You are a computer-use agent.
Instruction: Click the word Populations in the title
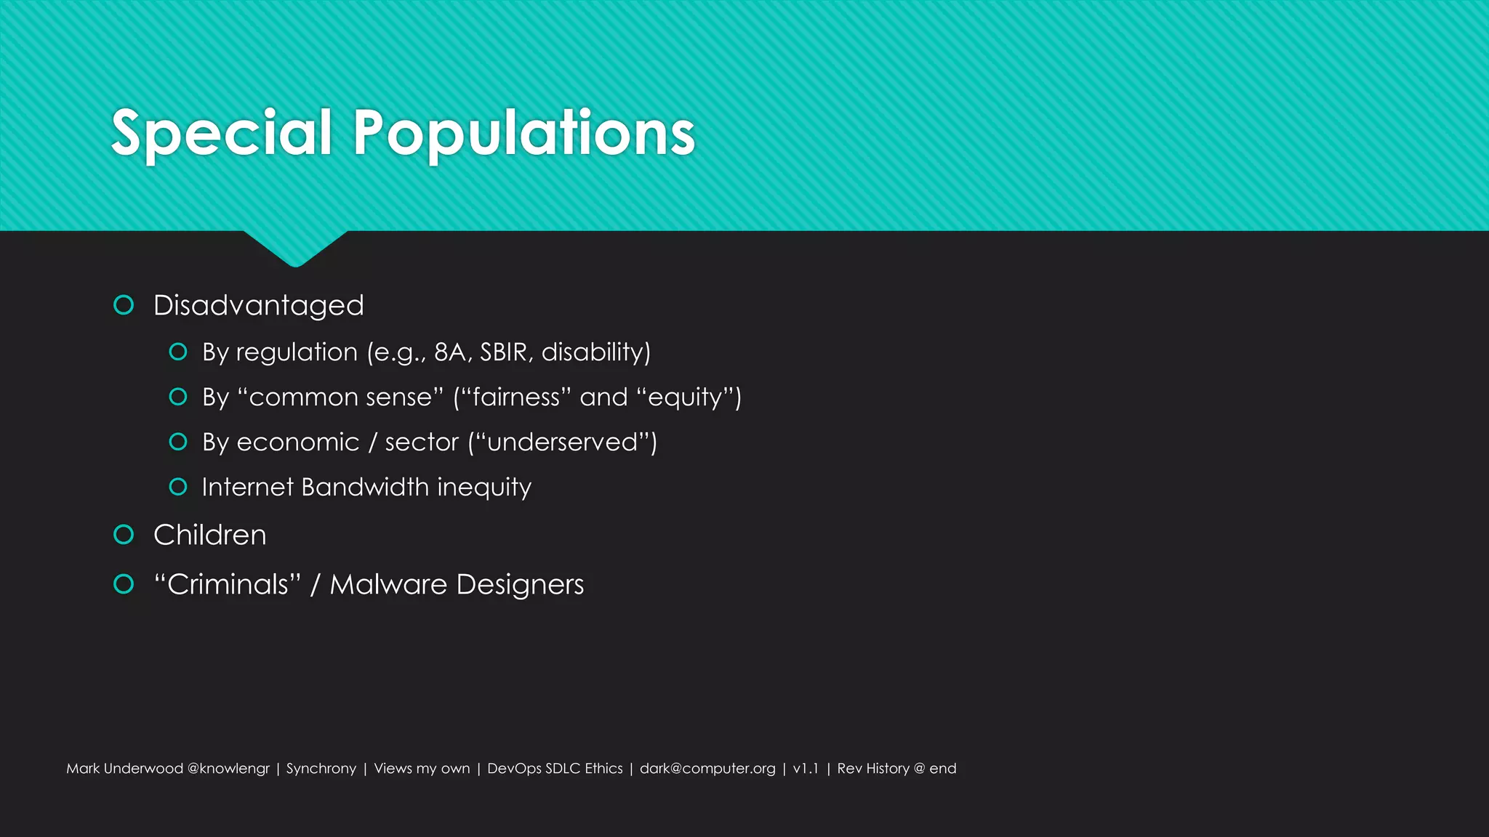(523, 133)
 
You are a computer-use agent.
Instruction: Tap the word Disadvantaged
(258, 306)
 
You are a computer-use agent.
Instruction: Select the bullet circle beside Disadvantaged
(124, 305)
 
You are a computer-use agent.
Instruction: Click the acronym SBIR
(503, 352)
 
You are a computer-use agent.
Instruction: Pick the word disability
(593, 352)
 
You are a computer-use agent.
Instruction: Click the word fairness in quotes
(516, 397)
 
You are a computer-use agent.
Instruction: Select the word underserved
(562, 442)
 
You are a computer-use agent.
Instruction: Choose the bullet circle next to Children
(124, 535)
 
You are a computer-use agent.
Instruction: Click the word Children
(210, 535)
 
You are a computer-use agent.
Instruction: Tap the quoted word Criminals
(228, 584)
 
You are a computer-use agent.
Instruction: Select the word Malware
(388, 584)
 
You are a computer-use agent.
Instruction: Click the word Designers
(520, 584)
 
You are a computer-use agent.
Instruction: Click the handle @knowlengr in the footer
(228, 769)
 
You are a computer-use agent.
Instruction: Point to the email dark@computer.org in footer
(707, 769)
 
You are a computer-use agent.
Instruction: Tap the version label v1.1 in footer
(806, 769)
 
